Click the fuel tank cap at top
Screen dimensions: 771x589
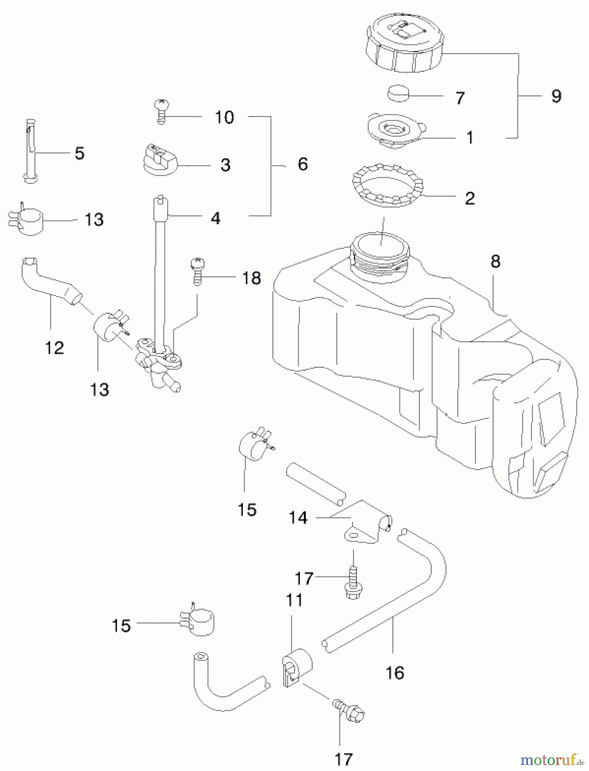404,48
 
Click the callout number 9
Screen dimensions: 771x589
556,96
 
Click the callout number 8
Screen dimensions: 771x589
495,261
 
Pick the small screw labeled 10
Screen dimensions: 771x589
161,110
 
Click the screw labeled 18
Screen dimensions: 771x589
197,270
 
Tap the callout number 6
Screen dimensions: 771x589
302,164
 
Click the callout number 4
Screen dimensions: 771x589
215,218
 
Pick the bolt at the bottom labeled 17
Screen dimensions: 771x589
350,711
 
